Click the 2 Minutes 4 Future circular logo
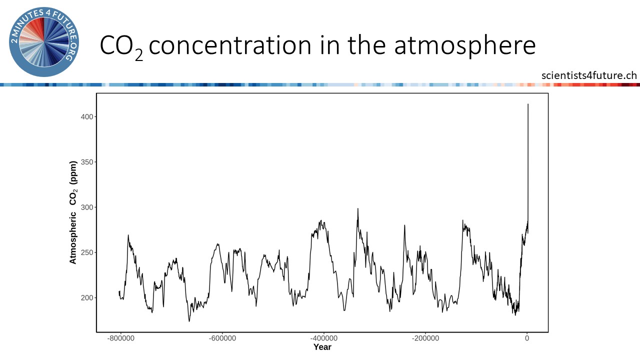(44, 42)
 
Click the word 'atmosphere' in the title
(464, 45)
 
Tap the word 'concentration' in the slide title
(229, 45)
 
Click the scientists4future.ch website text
(589, 75)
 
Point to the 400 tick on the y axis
(87, 117)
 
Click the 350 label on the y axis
(87, 162)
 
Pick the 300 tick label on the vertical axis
(87, 207)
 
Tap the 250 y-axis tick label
(87, 252)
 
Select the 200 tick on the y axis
(87, 297)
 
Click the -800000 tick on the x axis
(120, 338)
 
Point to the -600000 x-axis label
(222, 338)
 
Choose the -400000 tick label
(323, 338)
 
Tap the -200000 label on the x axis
(425, 338)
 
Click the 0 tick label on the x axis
(527, 338)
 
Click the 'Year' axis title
(322, 347)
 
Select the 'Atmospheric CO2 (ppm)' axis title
(73, 212)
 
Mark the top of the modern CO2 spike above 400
(528, 104)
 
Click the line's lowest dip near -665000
(189, 321)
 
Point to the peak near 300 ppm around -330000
(357, 208)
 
